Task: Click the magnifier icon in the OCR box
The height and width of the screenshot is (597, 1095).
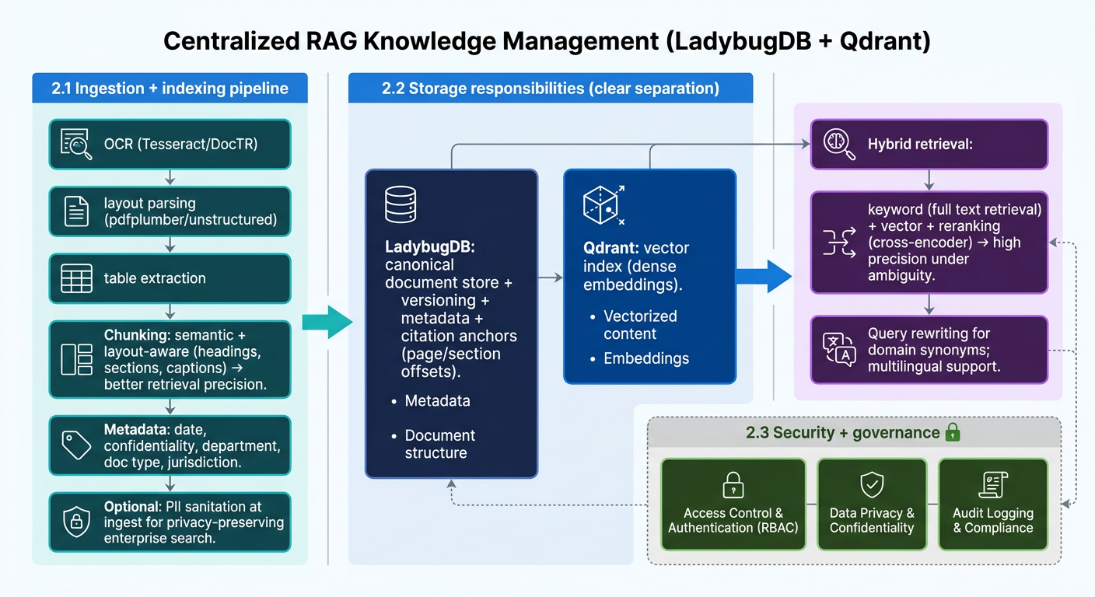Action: coord(76,144)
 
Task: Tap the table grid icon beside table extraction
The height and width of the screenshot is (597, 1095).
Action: coord(76,278)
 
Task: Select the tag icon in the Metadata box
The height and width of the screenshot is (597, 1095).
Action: coord(76,445)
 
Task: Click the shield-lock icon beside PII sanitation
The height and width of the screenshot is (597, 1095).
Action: coord(76,522)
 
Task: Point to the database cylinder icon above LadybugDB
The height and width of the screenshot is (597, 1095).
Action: coord(401,204)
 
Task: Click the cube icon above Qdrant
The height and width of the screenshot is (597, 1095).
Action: coord(603,204)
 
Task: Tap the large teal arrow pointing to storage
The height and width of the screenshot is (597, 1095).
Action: coord(327,323)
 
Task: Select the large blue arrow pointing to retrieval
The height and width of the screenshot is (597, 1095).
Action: coord(764,277)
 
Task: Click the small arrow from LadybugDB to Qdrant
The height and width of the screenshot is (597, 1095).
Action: coord(551,278)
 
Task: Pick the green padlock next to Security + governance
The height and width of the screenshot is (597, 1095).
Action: coord(953,432)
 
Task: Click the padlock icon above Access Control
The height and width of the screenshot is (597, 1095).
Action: coord(733,484)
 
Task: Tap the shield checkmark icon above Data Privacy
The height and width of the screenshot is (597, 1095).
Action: coord(872,484)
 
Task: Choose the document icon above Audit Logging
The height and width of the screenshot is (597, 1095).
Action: coord(993,484)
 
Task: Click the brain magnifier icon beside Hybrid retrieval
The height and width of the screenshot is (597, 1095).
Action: coord(839,144)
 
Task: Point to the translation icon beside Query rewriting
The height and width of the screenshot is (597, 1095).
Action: coord(839,349)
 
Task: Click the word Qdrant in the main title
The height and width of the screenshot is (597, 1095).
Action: coord(885,41)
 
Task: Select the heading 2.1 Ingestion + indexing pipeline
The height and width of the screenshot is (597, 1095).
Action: coord(170,89)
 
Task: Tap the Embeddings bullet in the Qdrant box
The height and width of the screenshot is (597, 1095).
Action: coord(646,358)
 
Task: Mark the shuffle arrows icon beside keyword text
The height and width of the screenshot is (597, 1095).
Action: coord(839,243)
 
